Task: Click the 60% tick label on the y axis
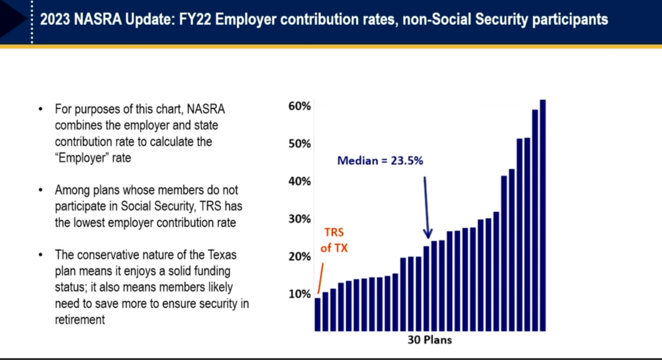pyautogui.click(x=299, y=106)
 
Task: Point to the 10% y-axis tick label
pyautogui.click(x=299, y=294)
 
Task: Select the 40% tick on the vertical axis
pyautogui.click(x=299, y=182)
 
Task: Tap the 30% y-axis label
pyautogui.click(x=299, y=219)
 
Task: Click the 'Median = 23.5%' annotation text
pyautogui.click(x=380, y=160)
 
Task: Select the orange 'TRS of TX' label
pyautogui.click(x=334, y=240)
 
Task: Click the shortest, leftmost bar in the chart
pyautogui.click(x=318, y=314)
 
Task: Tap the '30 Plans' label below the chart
pyautogui.click(x=430, y=340)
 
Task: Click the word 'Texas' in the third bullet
pyautogui.click(x=221, y=255)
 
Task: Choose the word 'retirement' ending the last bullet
pyautogui.click(x=80, y=320)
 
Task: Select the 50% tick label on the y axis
pyautogui.click(x=299, y=144)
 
